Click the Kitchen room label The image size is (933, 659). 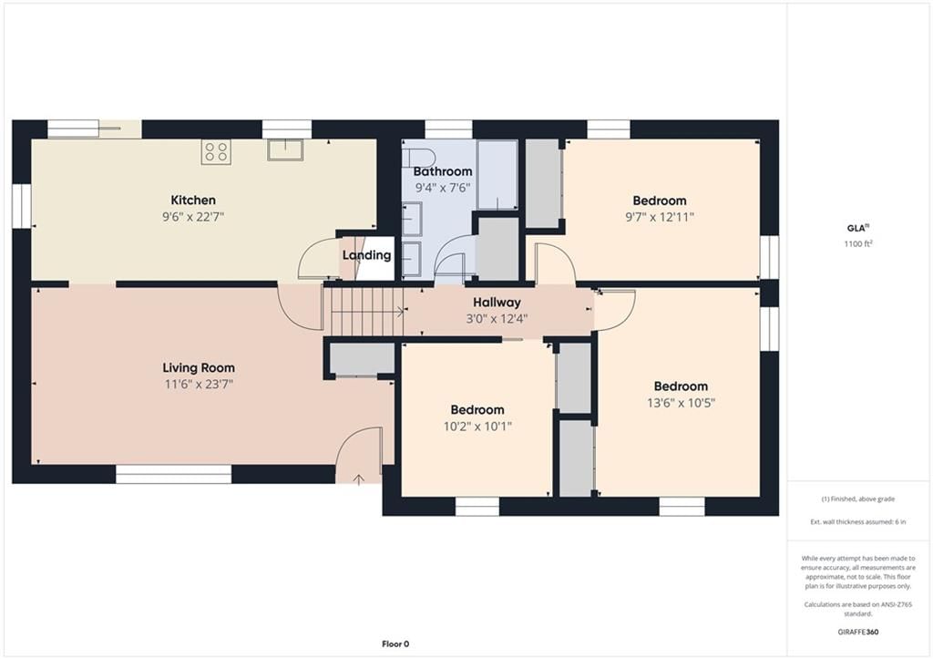point(193,200)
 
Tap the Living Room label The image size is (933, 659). point(199,368)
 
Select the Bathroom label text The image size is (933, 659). point(443,171)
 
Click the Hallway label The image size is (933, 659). point(497,303)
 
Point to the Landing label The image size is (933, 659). point(366,255)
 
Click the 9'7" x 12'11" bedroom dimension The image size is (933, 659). point(660,217)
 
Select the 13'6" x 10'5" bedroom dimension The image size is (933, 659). point(681,403)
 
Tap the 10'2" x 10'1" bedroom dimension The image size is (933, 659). point(477,427)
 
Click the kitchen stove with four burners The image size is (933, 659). point(216,151)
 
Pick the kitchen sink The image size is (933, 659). point(285,149)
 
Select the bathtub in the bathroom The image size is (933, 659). point(497,174)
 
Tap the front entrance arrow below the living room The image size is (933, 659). point(359,479)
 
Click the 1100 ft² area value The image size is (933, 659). point(858,243)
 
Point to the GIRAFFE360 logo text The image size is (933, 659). point(858,632)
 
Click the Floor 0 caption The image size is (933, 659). point(395,644)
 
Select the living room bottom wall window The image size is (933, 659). point(173,475)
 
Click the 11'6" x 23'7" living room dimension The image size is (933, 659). point(199,385)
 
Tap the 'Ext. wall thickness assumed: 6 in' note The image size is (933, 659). point(858,522)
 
